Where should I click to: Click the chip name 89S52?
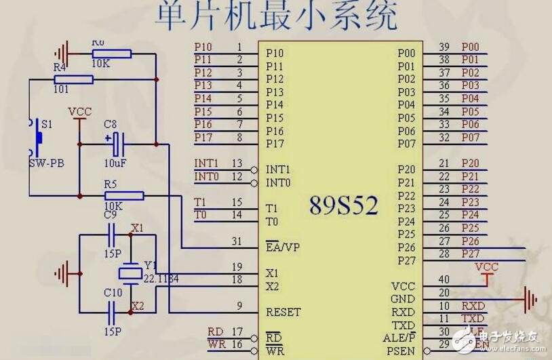coord(343,205)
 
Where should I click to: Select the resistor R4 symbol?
coord(73,80)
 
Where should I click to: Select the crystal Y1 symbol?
coord(129,273)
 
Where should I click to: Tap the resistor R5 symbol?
coord(123,196)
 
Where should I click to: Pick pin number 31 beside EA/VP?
coord(236,241)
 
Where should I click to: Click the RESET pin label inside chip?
coord(283,312)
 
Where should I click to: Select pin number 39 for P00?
coord(444,47)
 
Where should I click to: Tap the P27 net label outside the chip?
coord(470,254)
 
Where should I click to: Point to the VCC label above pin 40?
coord(486,266)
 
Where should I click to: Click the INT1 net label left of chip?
coord(206,163)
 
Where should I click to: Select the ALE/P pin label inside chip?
coord(399,337)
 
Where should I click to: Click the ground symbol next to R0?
coord(62,52)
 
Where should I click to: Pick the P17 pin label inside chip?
coord(275,144)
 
